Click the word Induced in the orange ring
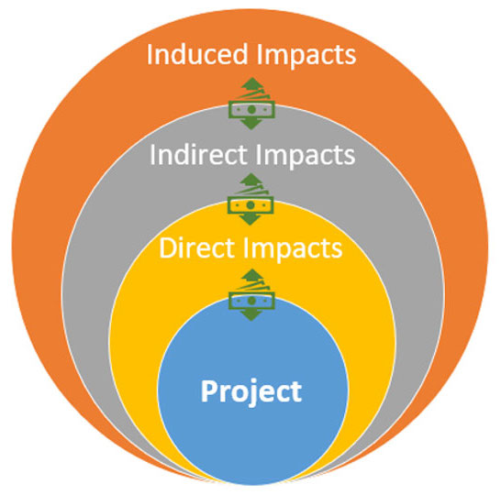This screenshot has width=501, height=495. click(197, 53)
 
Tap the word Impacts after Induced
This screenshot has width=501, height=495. click(306, 56)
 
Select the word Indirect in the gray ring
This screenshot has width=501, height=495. click(199, 154)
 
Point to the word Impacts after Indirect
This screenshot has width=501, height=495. click(306, 157)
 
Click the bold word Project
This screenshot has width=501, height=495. click(251, 392)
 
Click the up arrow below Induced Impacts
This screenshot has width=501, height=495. click(252, 83)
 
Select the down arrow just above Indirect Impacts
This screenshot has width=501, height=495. click(251, 124)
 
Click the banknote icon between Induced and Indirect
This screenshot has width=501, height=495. click(251, 109)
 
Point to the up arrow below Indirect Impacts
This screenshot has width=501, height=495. click(251, 179)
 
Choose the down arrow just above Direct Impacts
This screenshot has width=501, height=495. click(250, 219)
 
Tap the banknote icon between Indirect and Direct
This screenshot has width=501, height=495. click(250, 205)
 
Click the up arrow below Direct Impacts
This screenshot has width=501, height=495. click(252, 274)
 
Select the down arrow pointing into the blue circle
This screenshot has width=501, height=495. click(251, 315)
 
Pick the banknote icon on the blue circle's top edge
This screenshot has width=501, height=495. click(251, 301)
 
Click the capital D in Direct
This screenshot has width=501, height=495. click(167, 247)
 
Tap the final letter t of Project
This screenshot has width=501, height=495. click(295, 392)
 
